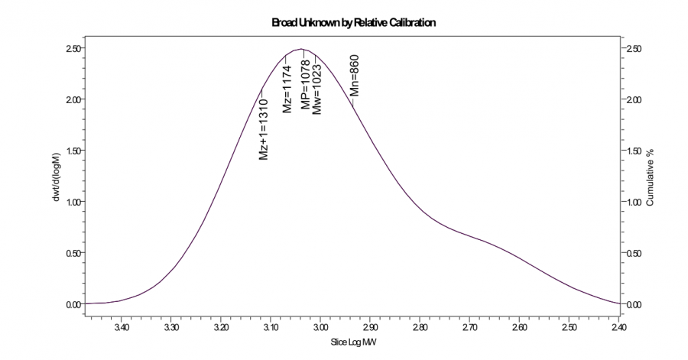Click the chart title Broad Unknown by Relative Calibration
tap(354, 23)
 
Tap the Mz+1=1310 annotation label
tap(263, 129)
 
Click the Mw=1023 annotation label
tap(317, 89)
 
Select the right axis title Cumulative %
tap(651, 177)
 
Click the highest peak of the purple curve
tap(303, 49)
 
